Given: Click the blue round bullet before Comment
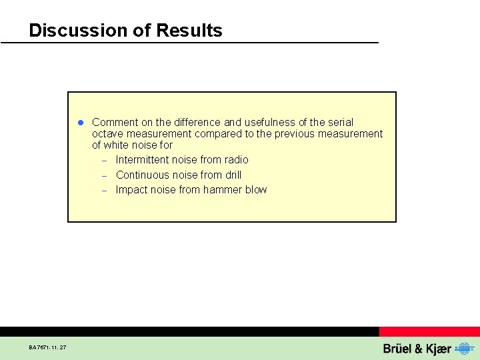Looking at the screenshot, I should tap(79, 123).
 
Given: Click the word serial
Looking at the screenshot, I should tap(339, 123).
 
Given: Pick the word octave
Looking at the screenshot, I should tap(107, 134).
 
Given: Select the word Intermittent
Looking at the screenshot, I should tap(143, 160).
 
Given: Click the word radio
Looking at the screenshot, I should tap(236, 160).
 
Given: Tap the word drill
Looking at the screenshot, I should tap(233, 175).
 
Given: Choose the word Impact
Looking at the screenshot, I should tap(131, 190).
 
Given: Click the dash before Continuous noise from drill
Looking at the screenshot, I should tap(105, 176).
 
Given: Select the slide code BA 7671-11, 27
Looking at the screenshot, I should tap(47, 347).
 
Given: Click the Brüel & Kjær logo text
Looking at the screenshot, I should tap(417, 349).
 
